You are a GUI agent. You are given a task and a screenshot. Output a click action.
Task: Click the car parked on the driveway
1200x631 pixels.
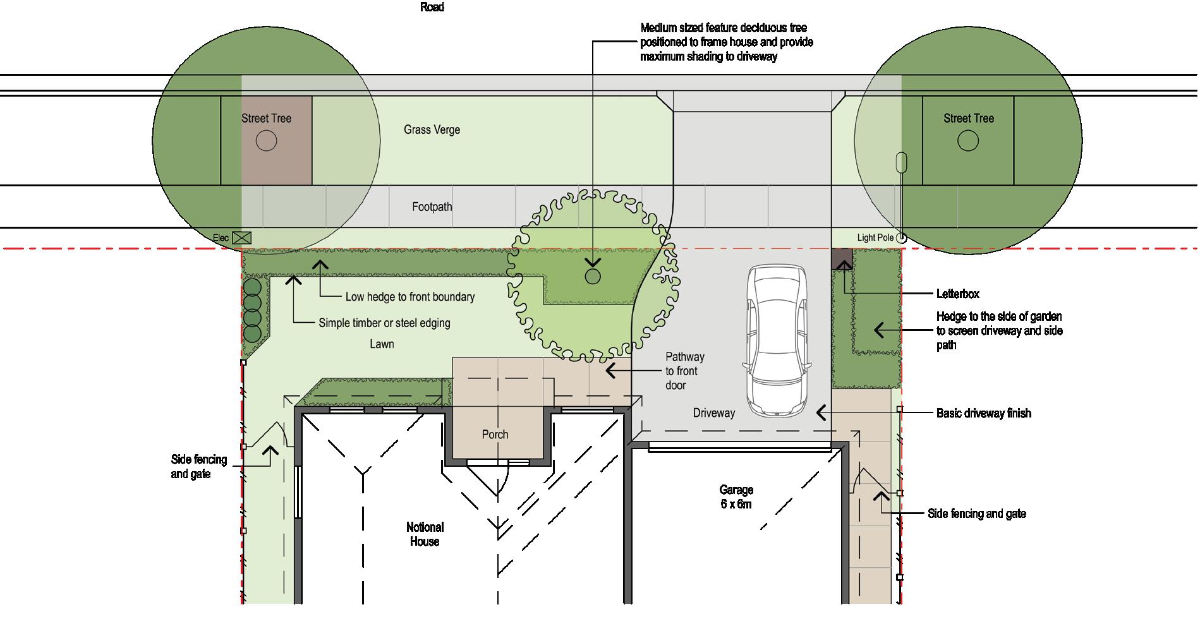(x=777, y=341)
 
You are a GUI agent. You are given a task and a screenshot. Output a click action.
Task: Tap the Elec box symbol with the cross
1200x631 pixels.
(x=241, y=238)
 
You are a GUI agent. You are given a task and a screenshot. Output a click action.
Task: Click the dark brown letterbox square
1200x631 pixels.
(x=841, y=258)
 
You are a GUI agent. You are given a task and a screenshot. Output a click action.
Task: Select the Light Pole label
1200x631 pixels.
(x=875, y=237)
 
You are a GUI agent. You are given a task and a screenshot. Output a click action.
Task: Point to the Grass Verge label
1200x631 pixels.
(x=432, y=129)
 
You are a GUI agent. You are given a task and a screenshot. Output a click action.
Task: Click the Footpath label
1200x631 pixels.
(x=432, y=207)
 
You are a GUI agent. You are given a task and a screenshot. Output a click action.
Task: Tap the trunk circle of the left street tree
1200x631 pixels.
(x=266, y=140)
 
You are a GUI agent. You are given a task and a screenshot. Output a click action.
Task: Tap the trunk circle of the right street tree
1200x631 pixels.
(x=967, y=140)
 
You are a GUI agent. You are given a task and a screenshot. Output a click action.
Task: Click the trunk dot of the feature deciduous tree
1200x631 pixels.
(x=592, y=276)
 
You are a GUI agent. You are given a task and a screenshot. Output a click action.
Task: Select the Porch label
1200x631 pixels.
(x=495, y=435)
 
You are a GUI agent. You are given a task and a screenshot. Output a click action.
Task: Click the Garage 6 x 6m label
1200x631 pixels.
(x=736, y=496)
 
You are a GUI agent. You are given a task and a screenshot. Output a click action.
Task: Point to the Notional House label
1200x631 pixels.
(x=425, y=534)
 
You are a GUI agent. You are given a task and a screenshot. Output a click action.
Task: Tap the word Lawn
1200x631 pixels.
(x=382, y=344)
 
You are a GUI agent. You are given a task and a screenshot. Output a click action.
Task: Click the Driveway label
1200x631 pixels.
(x=714, y=413)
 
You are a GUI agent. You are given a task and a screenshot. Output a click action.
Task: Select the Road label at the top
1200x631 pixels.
(x=432, y=7)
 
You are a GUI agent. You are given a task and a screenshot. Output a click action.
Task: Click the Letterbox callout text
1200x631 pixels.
(x=957, y=294)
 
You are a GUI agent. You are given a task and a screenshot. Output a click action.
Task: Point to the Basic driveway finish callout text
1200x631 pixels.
(x=983, y=413)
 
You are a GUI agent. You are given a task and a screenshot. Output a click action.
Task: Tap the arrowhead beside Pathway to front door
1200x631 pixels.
(x=610, y=370)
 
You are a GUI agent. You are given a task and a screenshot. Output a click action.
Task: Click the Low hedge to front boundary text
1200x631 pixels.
(x=409, y=297)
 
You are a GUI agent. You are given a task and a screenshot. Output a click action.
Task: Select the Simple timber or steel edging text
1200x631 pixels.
(x=384, y=323)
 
